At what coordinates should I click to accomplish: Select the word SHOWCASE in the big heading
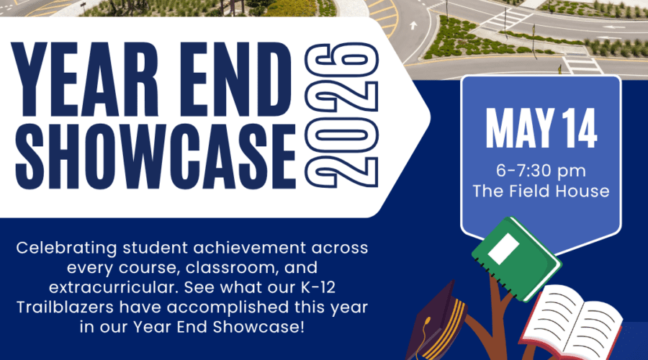click(156, 156)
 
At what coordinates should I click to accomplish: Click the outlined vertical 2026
click(341, 114)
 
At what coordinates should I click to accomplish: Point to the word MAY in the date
click(519, 128)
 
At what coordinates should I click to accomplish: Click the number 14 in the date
click(579, 128)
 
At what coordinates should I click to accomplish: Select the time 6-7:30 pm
click(541, 171)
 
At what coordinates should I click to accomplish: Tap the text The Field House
click(541, 192)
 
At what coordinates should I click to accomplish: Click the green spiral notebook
click(516, 258)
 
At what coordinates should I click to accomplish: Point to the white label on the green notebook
click(503, 249)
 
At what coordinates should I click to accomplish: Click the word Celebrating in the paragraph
click(66, 248)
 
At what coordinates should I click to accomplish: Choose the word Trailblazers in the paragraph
click(65, 307)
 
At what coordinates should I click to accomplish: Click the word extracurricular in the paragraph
click(114, 287)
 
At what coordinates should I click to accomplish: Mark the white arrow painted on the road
click(413, 26)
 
